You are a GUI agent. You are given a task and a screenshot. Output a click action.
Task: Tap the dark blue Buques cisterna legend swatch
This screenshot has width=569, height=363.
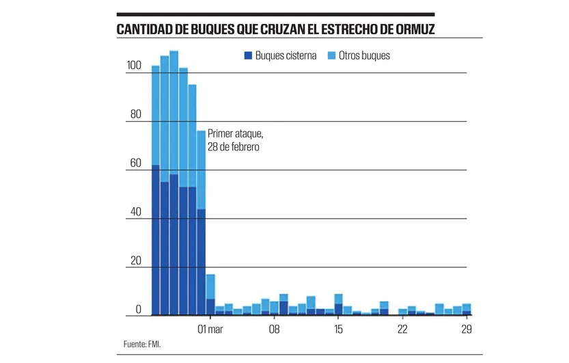(248, 55)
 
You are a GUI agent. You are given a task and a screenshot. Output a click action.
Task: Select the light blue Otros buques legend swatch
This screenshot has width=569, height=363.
(332, 55)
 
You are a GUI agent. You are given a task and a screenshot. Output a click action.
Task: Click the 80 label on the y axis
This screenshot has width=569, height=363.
(135, 115)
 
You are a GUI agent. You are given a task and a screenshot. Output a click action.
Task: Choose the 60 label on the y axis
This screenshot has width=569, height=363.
(135, 163)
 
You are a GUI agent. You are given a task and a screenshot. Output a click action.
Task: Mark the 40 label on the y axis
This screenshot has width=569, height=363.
(135, 213)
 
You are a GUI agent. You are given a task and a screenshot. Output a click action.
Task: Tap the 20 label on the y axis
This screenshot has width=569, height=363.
(135, 261)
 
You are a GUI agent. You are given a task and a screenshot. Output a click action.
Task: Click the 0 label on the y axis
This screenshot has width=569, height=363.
(138, 310)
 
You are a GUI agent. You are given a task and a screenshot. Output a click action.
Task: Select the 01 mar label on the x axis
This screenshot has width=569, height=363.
(210, 330)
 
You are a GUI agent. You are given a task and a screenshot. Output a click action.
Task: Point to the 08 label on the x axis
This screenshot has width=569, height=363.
(274, 330)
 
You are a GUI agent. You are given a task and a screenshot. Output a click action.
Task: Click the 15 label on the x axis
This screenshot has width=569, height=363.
(338, 330)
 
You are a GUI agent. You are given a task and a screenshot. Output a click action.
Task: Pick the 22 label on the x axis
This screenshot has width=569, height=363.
(402, 330)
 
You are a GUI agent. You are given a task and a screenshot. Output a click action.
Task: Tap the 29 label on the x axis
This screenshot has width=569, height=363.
(467, 330)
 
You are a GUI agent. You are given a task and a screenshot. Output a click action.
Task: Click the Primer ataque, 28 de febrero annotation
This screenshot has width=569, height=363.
(234, 141)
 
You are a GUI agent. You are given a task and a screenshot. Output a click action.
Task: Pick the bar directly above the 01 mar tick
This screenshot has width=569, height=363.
(210, 295)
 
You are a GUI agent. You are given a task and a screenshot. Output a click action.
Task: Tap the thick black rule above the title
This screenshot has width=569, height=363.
(275, 14)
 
